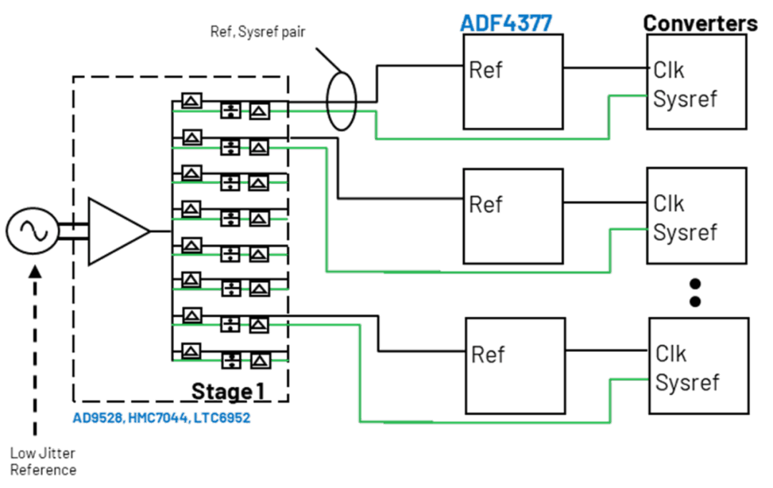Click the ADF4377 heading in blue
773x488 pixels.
(x=506, y=23)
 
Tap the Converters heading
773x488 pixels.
(x=700, y=23)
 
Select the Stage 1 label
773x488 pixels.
(x=228, y=391)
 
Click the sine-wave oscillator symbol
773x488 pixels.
(x=32, y=230)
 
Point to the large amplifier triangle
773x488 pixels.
(x=118, y=231)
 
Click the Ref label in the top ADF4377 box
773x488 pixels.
(x=485, y=70)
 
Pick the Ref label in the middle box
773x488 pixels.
(x=485, y=205)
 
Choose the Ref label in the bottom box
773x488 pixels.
(x=488, y=355)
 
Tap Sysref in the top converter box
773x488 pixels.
(x=685, y=99)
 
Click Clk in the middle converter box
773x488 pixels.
(x=669, y=204)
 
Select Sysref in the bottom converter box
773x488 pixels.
(x=687, y=383)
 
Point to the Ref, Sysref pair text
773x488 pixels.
(x=258, y=32)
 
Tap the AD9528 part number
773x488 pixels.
(x=97, y=418)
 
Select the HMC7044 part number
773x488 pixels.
(x=158, y=418)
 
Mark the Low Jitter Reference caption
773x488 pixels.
(x=43, y=462)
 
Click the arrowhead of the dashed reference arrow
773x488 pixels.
(x=35, y=272)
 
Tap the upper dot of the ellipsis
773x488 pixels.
(x=695, y=284)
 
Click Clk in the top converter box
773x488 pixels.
(x=669, y=70)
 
